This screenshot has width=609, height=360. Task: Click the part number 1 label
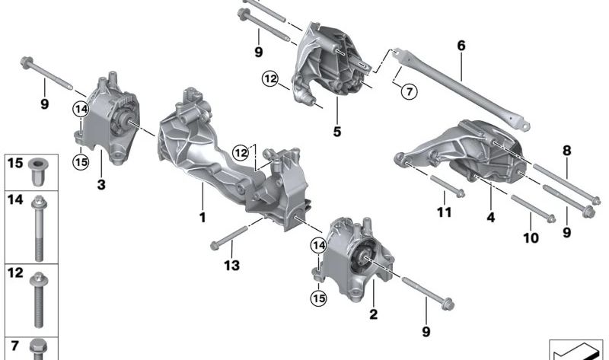tap(202, 218)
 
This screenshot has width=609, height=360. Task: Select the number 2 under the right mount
tap(373, 314)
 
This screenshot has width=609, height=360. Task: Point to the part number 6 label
tap(461, 46)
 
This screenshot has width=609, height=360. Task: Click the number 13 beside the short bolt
tap(232, 265)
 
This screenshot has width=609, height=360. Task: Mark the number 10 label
tap(531, 237)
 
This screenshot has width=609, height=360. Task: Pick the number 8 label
tap(566, 151)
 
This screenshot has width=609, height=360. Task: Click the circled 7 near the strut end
tap(408, 92)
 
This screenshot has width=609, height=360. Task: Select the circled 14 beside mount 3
tap(81, 110)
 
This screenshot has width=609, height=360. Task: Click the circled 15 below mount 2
tap(318, 298)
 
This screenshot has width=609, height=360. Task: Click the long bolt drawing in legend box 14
tap(39, 228)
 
